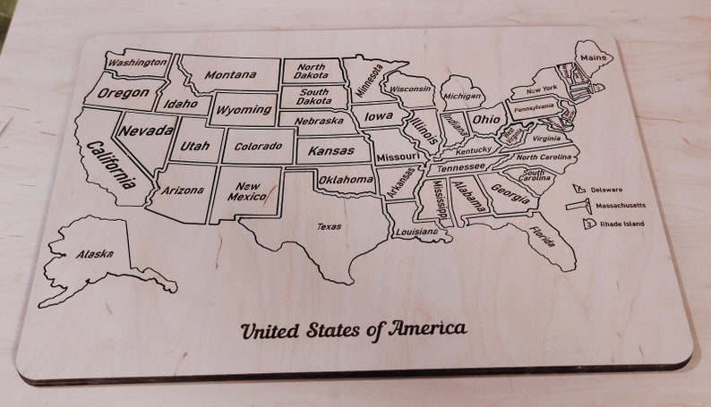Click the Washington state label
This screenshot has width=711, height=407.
tap(137, 63)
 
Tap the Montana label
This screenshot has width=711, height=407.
tap(230, 75)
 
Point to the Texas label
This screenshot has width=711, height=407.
tap(329, 226)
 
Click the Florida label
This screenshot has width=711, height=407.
tap(540, 236)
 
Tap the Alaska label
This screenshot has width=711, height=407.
tap(95, 254)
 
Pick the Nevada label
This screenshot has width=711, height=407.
tap(148, 131)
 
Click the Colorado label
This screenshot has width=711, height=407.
tap(258, 146)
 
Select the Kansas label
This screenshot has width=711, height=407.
tap(331, 151)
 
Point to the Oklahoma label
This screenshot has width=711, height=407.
tap(347, 180)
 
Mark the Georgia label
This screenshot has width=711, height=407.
tap(510, 193)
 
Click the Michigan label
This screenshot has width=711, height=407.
tap(462, 96)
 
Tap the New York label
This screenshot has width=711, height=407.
tap(542, 89)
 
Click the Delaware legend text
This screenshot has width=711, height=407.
tap(606, 190)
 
